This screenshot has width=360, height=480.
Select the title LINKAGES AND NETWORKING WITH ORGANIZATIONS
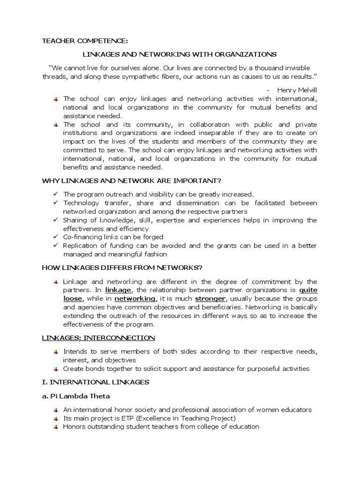click(x=180, y=54)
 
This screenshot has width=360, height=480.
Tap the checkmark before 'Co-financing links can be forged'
click(x=54, y=237)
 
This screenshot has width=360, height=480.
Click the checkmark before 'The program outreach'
click(x=54, y=194)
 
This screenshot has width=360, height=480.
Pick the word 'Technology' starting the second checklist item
click(x=81, y=203)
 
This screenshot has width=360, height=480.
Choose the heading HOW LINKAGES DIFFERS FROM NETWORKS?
click(x=122, y=268)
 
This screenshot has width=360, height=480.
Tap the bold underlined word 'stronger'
click(x=210, y=299)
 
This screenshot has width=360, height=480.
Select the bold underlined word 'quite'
click(x=307, y=290)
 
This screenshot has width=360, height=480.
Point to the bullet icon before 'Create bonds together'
click(x=55, y=369)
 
